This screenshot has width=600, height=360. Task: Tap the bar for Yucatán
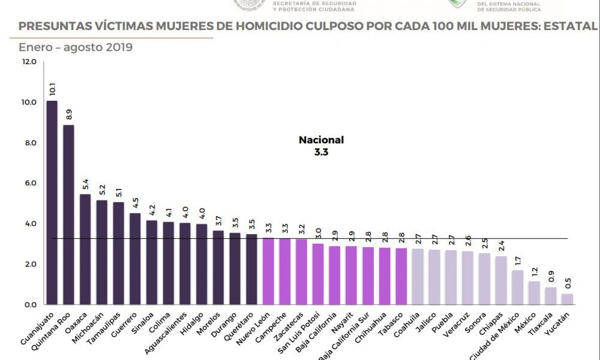coord(567,299)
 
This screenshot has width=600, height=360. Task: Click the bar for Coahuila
coord(418,277)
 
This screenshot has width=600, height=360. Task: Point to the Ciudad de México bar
coord(517,287)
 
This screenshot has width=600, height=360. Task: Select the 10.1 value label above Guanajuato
coord(52,89)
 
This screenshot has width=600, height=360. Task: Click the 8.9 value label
coord(69,113)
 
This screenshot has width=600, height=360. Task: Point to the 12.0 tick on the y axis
coord(29,62)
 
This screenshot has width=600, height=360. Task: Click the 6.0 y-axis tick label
coord(29,183)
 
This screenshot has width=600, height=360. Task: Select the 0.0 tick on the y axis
coord(29,305)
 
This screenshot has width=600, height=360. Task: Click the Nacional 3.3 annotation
coord(322,146)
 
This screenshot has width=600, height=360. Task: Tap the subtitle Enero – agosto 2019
coord(76,47)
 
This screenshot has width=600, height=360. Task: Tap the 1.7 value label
coord(518,260)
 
